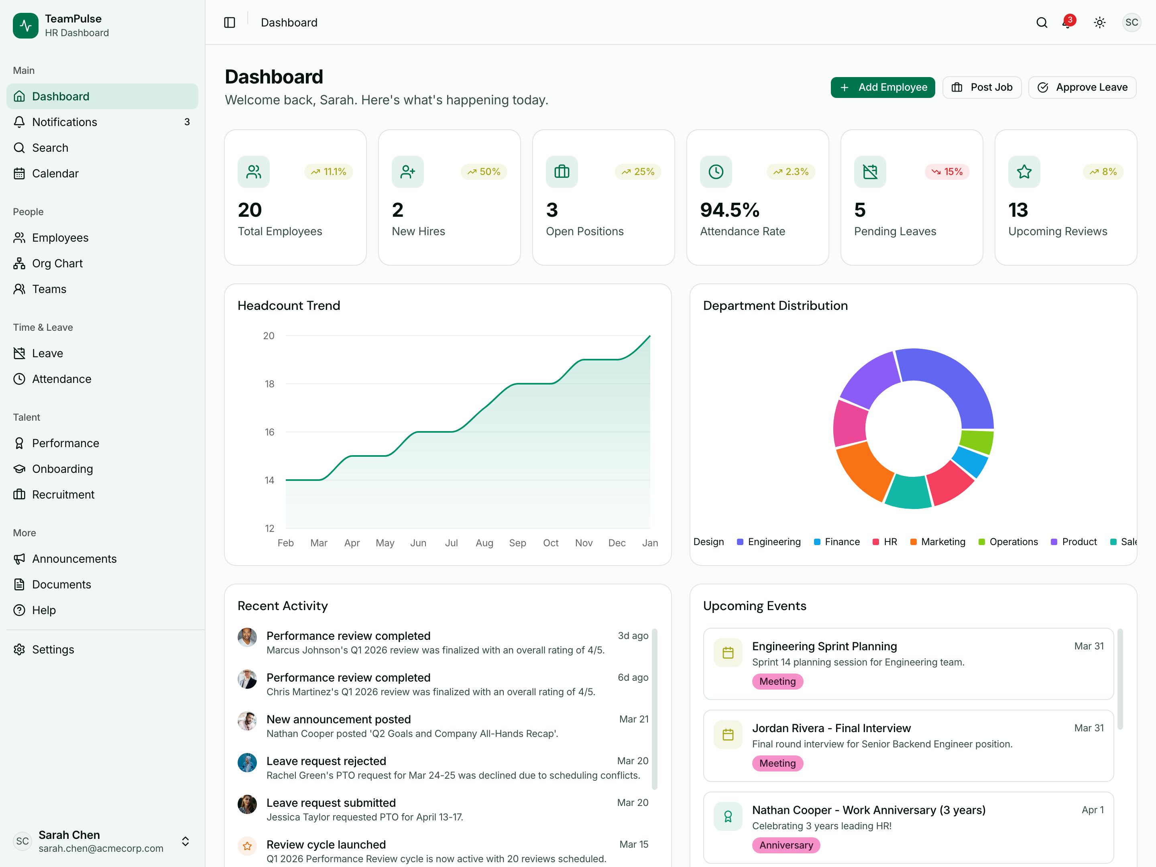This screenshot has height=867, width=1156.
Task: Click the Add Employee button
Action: point(882,87)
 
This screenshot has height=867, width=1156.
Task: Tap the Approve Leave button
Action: point(1082,87)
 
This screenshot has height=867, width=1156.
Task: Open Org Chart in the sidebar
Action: point(57,263)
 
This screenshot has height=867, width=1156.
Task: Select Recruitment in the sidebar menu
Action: point(63,495)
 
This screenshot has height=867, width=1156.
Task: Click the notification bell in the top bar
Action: point(1066,22)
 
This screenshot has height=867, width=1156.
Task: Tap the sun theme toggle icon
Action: point(1099,22)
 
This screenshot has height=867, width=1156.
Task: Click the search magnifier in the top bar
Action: point(1042,22)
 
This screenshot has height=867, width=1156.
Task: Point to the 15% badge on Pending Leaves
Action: point(947,172)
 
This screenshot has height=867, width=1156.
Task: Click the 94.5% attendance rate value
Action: point(730,210)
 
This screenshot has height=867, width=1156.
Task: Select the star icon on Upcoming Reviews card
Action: point(1024,172)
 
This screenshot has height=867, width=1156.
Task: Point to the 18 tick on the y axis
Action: point(269,384)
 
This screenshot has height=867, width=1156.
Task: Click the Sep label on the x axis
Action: point(517,543)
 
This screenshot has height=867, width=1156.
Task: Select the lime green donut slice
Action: point(976,441)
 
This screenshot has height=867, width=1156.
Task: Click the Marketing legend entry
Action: point(942,542)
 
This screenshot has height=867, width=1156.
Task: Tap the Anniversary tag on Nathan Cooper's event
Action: point(786,845)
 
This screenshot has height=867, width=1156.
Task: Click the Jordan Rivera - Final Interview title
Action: point(831,728)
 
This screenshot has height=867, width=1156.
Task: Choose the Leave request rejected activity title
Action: point(326,761)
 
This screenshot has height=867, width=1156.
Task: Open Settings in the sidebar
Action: point(53,649)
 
